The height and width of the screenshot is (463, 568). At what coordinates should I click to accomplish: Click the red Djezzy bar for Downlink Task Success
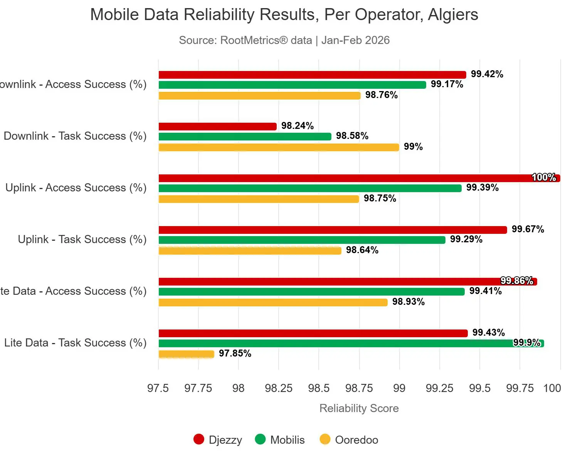217,127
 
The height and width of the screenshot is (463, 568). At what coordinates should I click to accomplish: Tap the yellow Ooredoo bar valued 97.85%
186,354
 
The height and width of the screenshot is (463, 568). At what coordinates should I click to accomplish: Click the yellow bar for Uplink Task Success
250,251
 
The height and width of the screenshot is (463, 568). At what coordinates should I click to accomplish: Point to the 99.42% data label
487,74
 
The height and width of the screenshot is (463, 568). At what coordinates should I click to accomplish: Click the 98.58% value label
352,136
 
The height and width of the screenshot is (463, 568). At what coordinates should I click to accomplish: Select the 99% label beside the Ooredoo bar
413,147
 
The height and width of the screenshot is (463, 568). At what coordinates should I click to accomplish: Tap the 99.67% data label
528,229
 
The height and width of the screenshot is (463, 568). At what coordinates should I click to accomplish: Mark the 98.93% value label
408,302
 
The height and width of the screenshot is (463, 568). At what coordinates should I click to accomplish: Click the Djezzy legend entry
218,440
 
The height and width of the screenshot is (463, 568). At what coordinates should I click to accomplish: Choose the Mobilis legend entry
280,440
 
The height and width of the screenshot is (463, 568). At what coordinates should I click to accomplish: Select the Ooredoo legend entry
349,440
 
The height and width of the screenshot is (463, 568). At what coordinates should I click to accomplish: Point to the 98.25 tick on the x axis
279,388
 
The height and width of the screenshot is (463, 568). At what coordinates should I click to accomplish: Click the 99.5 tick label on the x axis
480,388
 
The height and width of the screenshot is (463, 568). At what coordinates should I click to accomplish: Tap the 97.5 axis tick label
158,388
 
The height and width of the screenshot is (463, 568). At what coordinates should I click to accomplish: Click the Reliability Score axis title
359,408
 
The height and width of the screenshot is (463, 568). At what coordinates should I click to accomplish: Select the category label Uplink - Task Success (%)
82,239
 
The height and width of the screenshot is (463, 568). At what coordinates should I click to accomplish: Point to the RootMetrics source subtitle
284,40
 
